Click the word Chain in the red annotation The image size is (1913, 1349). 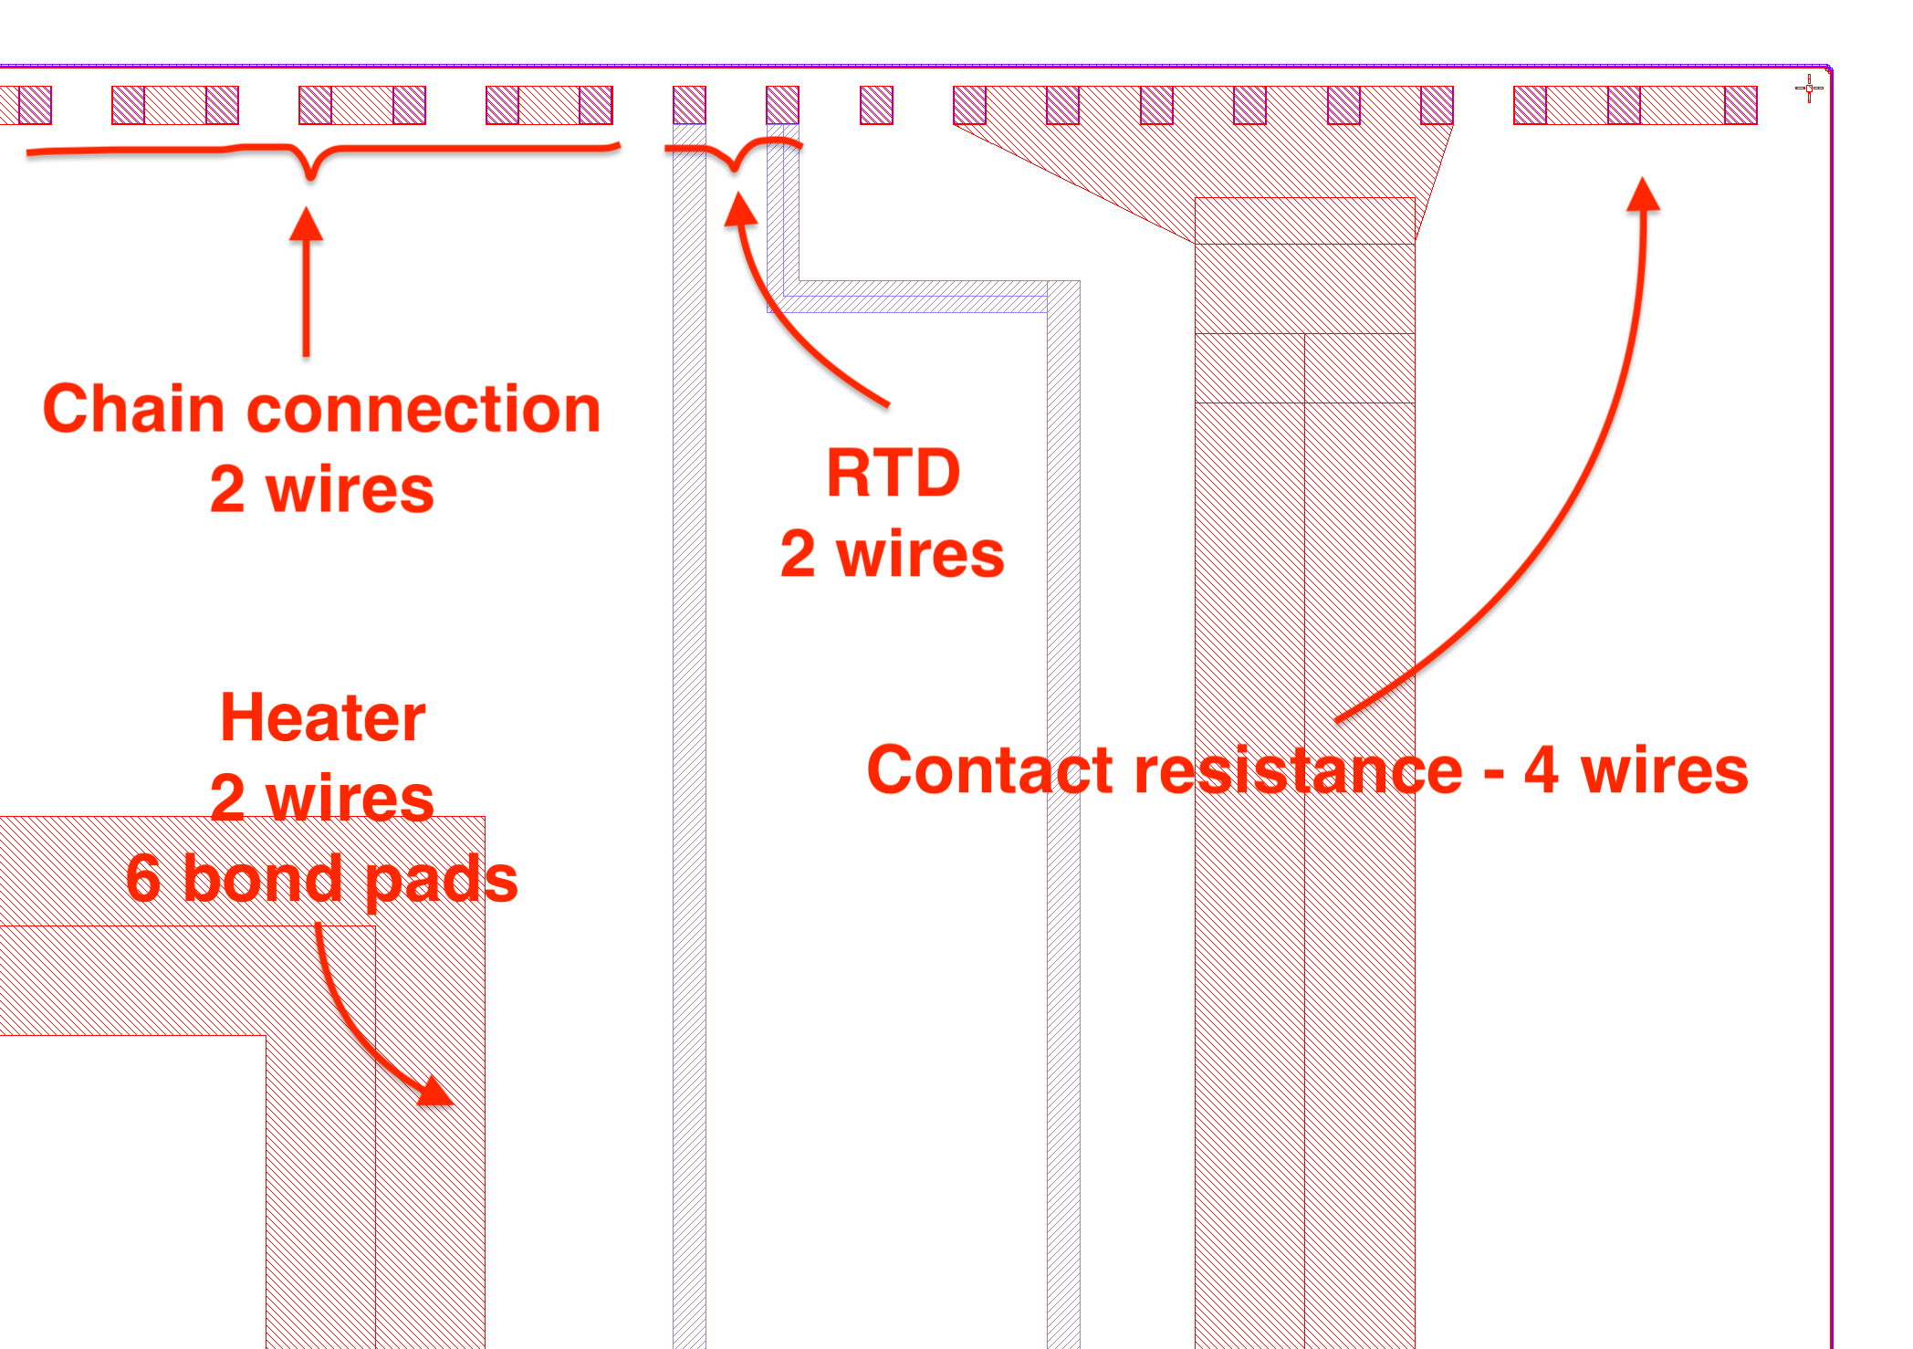133,409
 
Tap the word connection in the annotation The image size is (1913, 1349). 423,409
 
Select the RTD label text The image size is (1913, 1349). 893,473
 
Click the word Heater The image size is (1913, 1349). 323,717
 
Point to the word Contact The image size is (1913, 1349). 989,769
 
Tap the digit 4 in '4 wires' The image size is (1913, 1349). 1541,769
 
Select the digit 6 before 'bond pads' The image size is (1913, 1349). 143,878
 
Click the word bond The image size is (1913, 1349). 262,878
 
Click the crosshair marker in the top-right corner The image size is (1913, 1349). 1809,89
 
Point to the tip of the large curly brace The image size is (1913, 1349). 311,175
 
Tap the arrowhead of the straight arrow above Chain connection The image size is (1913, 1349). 307,223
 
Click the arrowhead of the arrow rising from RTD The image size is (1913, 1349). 740,208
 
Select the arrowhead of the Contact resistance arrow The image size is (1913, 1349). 1644,193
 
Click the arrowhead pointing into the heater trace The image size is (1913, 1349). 436,1092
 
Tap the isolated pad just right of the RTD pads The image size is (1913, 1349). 876,105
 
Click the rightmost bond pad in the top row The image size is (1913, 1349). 1741,105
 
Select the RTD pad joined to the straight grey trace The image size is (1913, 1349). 689,105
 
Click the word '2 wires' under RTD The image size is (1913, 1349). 892,553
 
